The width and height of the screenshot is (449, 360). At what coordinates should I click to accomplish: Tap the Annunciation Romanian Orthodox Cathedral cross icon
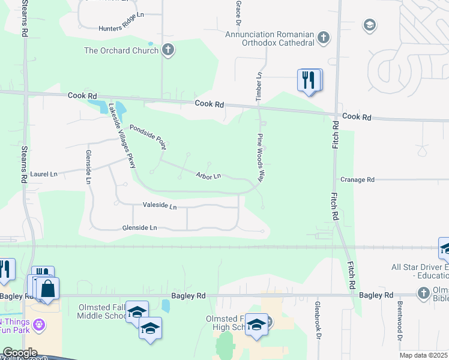(324, 38)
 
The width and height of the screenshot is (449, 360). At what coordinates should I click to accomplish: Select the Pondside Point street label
(148, 136)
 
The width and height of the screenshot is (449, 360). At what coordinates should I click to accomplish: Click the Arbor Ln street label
(209, 175)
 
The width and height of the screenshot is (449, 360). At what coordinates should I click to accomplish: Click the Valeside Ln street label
(160, 206)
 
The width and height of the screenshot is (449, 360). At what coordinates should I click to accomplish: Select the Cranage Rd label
(357, 179)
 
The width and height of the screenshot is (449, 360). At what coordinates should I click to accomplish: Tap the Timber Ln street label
(260, 82)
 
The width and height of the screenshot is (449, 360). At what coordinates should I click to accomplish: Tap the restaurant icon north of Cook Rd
(309, 80)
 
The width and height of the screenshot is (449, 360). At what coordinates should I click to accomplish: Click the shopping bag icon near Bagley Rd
(48, 289)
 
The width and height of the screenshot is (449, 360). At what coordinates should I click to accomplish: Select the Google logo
(20, 353)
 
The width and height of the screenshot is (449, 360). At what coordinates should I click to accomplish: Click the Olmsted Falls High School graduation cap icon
(257, 325)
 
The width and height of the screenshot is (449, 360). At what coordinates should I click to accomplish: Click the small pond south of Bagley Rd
(166, 306)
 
